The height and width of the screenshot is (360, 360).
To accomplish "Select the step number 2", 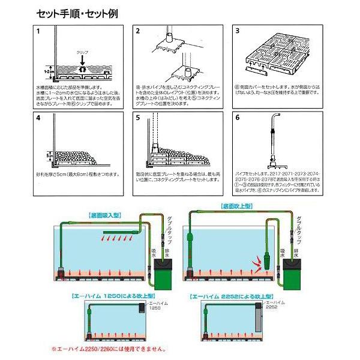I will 138,31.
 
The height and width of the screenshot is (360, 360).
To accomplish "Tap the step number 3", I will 237,31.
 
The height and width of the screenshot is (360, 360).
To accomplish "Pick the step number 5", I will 138,119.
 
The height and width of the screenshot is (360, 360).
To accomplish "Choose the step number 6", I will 237,119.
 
